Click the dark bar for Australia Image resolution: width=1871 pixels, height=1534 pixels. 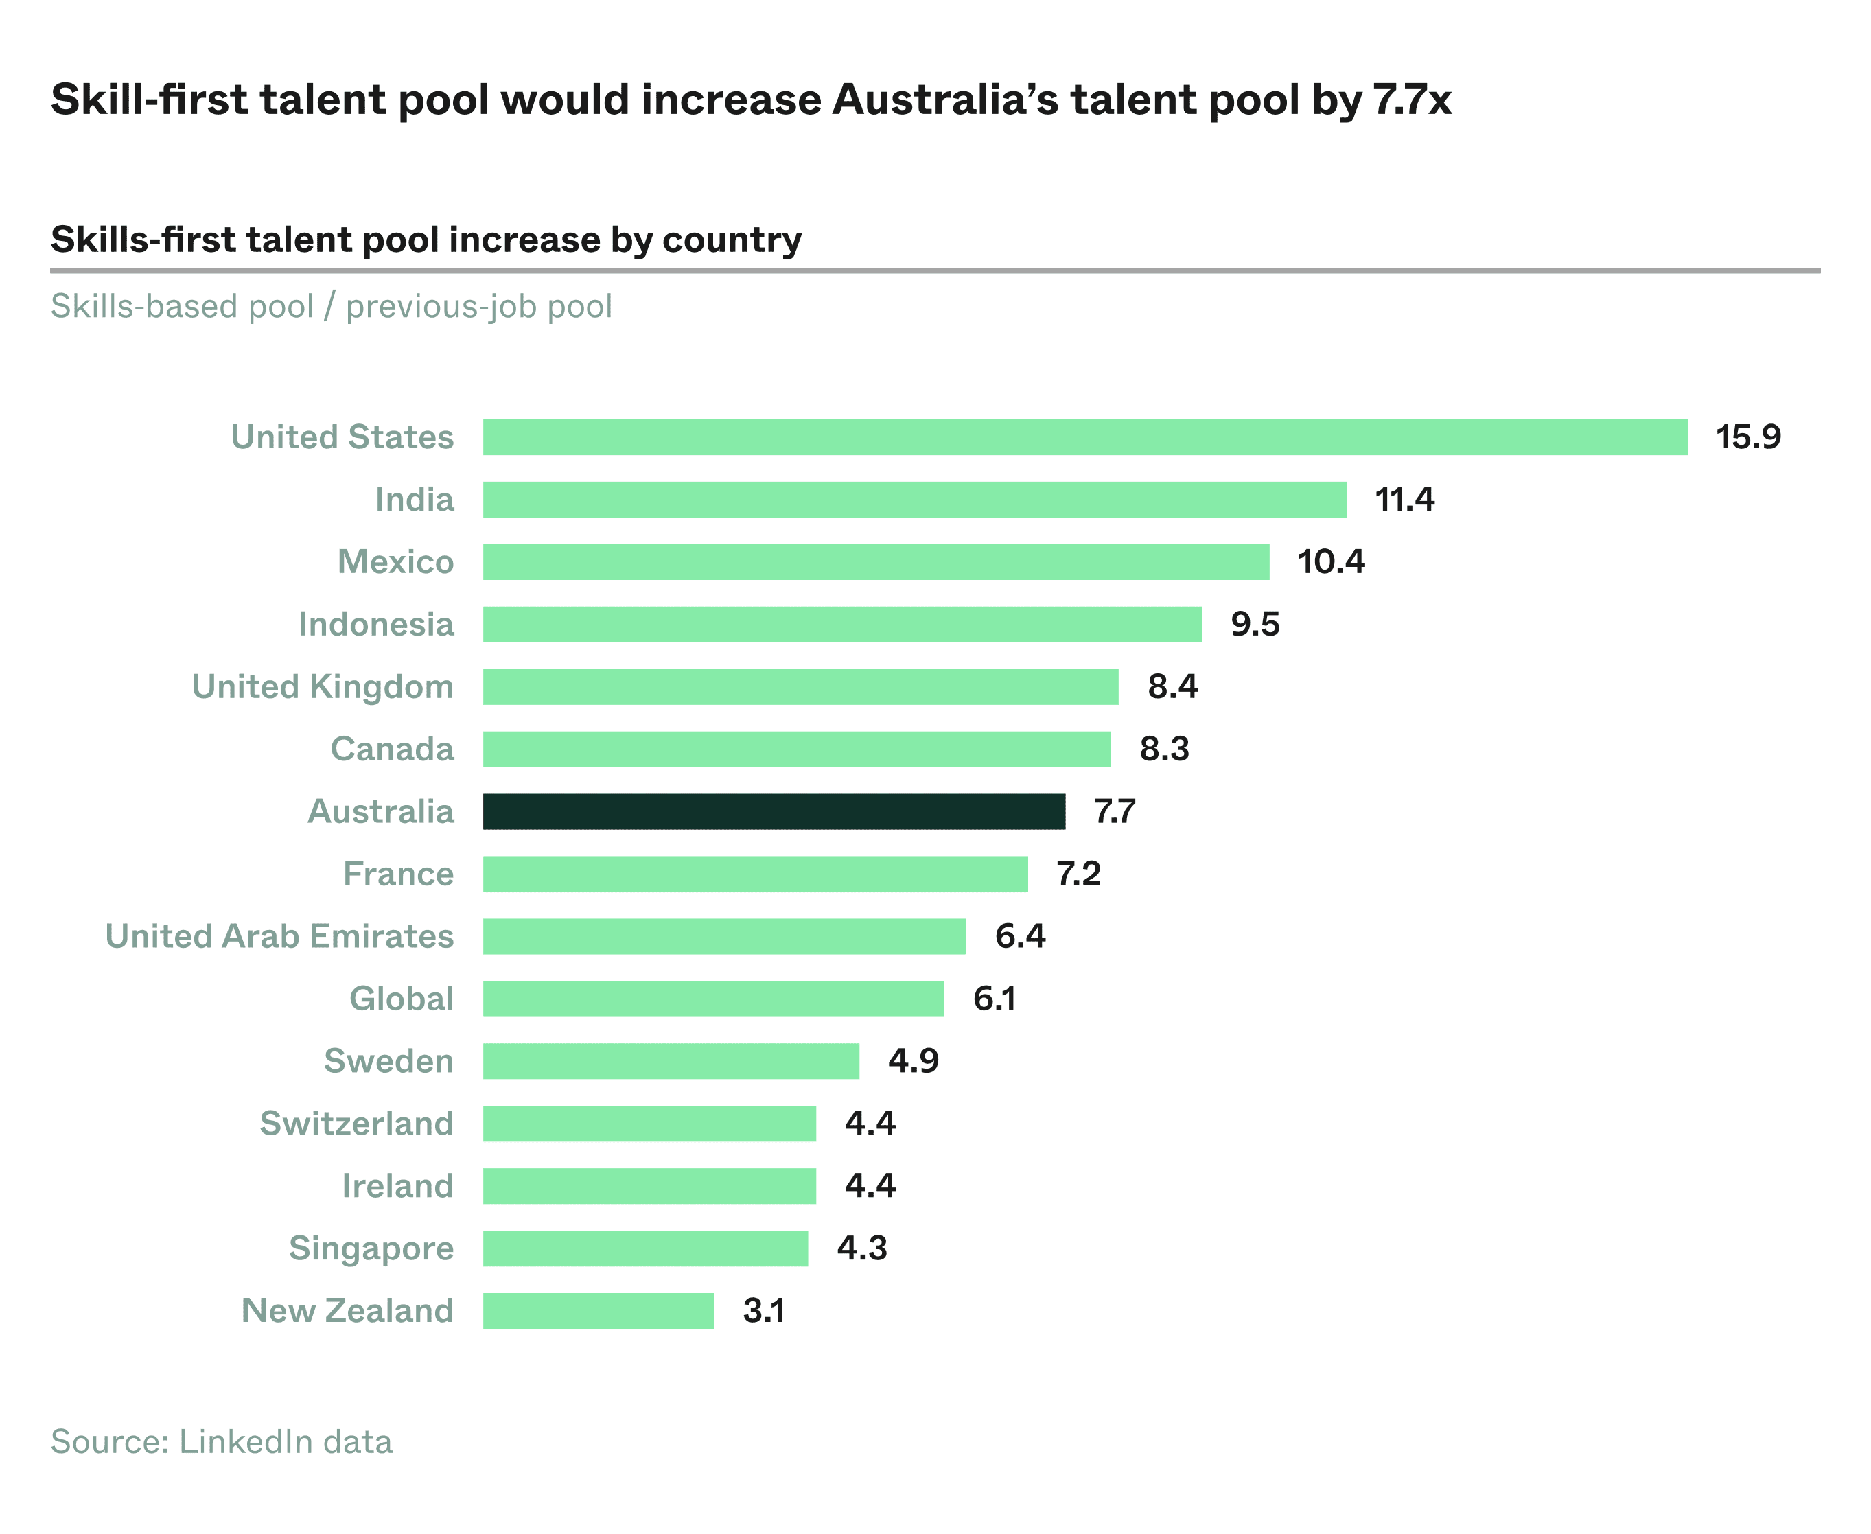point(774,811)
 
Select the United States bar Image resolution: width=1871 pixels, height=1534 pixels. point(1084,437)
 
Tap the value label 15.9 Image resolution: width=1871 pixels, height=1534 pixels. point(1747,437)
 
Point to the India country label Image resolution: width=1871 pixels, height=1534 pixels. point(414,499)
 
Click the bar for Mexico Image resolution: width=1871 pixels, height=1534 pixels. point(875,562)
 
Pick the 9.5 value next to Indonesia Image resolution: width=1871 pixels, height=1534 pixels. point(1254,624)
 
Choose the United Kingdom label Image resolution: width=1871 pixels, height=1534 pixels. point(323,686)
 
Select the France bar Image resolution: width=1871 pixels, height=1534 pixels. point(755,874)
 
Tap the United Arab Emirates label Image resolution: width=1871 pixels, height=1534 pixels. point(279,935)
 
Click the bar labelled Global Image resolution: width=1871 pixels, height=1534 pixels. point(712,999)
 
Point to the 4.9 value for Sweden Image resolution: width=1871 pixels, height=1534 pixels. point(913,1060)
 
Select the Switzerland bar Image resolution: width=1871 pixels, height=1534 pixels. point(649,1123)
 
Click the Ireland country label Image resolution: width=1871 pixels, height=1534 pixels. point(397,1186)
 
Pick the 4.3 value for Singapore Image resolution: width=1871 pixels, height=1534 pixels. point(861,1248)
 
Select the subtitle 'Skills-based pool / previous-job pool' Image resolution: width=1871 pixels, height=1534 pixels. point(331,307)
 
